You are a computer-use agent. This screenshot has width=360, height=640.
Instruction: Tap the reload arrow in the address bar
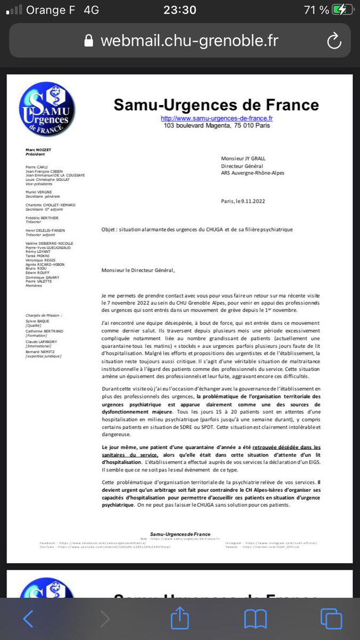click(x=334, y=41)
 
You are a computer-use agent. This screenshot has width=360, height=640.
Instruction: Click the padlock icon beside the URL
click(x=89, y=41)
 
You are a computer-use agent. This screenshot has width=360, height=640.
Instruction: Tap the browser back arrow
click(x=28, y=619)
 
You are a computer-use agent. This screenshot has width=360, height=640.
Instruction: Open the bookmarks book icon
click(x=255, y=619)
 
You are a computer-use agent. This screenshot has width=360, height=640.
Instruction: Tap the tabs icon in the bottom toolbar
click(x=331, y=619)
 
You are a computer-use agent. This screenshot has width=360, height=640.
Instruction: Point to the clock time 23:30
click(x=179, y=10)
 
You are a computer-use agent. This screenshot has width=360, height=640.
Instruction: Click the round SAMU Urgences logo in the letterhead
click(x=46, y=112)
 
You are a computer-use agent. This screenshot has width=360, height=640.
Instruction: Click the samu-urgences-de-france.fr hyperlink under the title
click(x=217, y=118)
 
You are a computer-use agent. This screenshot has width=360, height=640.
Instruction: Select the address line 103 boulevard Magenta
click(x=217, y=126)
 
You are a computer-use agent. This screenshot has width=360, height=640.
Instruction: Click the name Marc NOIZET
click(x=38, y=150)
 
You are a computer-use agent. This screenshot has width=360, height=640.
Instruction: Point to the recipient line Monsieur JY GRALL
click(x=244, y=158)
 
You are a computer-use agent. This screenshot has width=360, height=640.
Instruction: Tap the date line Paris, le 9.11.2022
click(x=243, y=201)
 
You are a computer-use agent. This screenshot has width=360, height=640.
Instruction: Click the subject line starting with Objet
click(x=197, y=229)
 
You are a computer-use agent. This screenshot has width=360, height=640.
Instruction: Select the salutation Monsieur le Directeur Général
click(x=138, y=270)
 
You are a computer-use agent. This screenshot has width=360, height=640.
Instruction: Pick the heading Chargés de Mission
click(x=44, y=316)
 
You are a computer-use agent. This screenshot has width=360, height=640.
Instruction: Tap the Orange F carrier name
click(x=51, y=10)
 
